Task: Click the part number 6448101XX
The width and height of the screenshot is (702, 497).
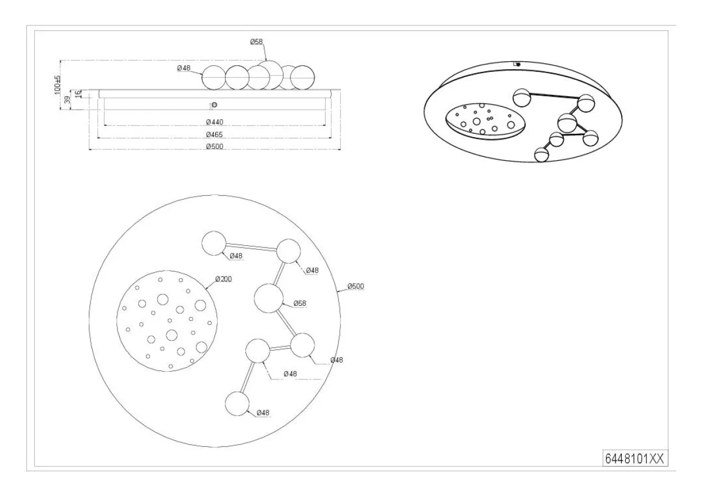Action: (x=635, y=459)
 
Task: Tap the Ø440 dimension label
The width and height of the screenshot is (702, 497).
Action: (x=215, y=122)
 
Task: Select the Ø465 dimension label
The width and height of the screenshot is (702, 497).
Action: (x=215, y=134)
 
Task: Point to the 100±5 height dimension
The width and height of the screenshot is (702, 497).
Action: (x=57, y=84)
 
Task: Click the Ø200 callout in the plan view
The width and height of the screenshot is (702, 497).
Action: (x=224, y=279)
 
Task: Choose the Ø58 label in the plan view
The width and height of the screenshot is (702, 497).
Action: (x=300, y=304)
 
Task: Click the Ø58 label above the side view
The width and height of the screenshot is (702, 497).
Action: (x=256, y=42)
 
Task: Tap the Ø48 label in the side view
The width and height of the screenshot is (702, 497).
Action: (x=184, y=68)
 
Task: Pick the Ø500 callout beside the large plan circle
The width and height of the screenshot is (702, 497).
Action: (x=355, y=286)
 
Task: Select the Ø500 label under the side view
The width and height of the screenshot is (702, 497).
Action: (x=215, y=147)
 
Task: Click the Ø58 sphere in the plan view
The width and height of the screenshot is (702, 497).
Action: (x=268, y=298)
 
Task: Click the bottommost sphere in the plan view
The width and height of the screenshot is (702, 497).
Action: (x=237, y=404)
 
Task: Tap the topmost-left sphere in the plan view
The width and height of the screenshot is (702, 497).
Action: (x=214, y=243)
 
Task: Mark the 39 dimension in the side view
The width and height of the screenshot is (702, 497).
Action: (x=67, y=100)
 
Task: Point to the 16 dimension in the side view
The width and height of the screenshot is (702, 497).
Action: (x=79, y=94)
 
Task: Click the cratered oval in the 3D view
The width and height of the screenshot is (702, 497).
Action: (x=485, y=121)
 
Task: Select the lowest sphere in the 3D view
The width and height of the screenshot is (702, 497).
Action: (x=541, y=155)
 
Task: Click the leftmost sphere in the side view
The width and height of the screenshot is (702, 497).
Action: (x=213, y=78)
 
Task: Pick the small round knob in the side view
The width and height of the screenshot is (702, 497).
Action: (x=215, y=105)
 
